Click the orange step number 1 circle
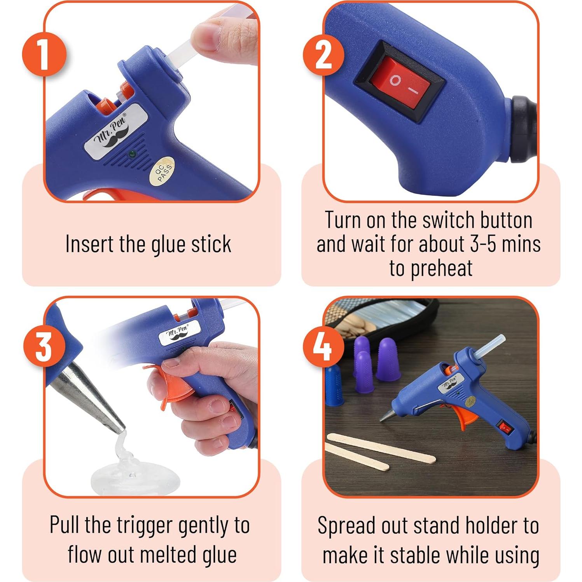44,54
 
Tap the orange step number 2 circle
323,54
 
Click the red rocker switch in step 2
400,81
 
